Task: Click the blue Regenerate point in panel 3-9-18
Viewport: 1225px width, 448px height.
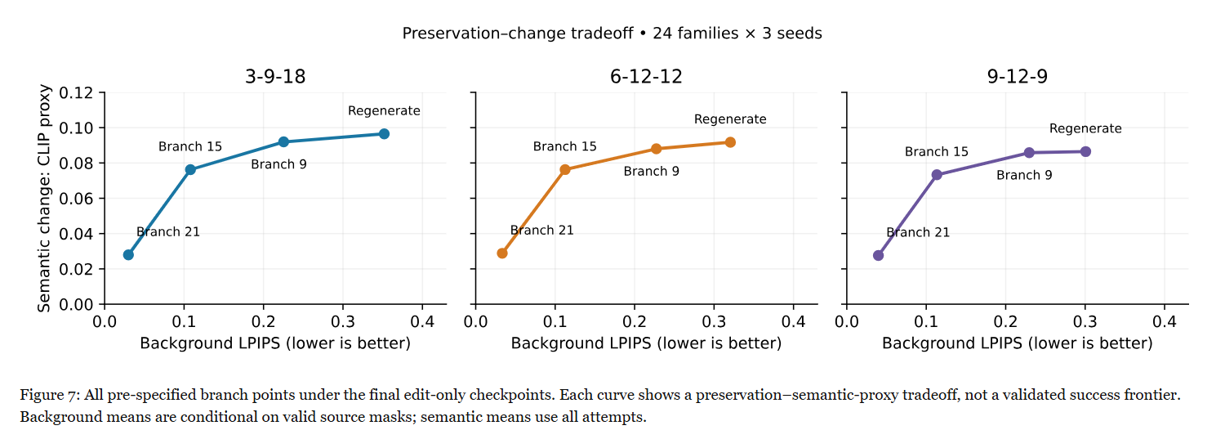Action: (x=384, y=133)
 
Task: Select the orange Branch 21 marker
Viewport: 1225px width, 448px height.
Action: (x=502, y=253)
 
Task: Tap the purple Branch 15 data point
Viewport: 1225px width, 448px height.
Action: (x=937, y=175)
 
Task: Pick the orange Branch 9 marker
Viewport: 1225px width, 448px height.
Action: (x=657, y=149)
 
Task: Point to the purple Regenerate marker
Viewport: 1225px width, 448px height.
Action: (x=1085, y=152)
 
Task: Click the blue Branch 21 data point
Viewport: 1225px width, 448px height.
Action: (x=128, y=255)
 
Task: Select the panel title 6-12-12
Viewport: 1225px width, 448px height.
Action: (x=647, y=77)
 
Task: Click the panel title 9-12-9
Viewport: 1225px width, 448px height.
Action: (x=1018, y=77)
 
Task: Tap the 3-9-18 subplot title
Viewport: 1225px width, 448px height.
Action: (x=275, y=77)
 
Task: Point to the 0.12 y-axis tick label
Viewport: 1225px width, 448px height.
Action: (x=76, y=93)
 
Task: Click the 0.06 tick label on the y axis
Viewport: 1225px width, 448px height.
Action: (x=76, y=199)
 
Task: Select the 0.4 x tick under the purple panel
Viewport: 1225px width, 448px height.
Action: (x=1165, y=321)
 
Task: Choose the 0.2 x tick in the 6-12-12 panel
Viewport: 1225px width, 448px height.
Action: (x=635, y=321)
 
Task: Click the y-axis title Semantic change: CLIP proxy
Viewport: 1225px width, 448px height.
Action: (x=44, y=199)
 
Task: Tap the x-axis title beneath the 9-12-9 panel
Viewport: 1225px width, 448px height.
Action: (x=1018, y=343)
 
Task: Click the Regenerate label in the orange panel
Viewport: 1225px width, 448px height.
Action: (x=730, y=119)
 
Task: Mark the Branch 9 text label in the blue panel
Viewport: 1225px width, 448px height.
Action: (x=279, y=164)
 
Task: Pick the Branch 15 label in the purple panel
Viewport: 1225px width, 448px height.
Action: (x=936, y=152)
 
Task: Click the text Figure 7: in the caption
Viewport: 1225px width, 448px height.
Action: (x=51, y=395)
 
